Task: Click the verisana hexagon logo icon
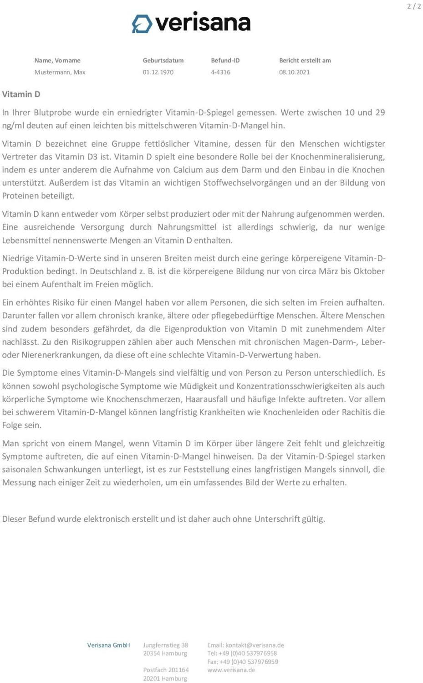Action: point(142,24)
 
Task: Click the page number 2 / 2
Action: point(414,6)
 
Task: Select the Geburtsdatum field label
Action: point(163,60)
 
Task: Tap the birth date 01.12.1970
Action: point(158,72)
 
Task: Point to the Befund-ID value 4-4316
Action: point(220,72)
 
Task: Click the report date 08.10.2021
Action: point(294,72)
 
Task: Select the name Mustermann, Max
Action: point(60,72)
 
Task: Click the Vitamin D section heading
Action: point(21,94)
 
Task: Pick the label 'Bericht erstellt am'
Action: point(305,60)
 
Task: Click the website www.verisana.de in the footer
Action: point(231,670)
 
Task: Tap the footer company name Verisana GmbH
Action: point(108,645)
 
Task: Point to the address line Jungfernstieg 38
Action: point(165,645)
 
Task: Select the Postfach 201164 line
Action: point(166,670)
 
